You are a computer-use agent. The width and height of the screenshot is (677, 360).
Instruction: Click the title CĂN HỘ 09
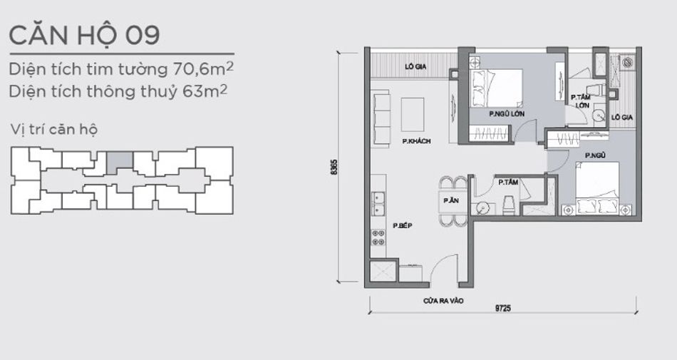click(x=85, y=35)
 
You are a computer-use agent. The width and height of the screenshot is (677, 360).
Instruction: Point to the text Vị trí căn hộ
click(x=54, y=130)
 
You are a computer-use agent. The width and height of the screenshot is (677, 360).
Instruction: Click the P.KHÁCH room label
click(x=416, y=141)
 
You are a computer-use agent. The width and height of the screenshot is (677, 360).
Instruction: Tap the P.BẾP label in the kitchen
click(x=403, y=225)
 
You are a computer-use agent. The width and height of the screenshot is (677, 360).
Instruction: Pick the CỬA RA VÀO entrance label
click(x=443, y=300)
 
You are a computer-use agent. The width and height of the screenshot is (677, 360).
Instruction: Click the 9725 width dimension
click(x=503, y=308)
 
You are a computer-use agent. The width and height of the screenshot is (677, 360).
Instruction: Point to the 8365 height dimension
click(x=333, y=167)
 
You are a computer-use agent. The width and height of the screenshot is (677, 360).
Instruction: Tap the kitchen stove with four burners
click(x=378, y=238)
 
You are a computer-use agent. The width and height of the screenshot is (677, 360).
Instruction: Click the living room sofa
click(x=381, y=119)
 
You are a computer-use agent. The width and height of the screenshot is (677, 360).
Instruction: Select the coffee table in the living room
click(x=413, y=114)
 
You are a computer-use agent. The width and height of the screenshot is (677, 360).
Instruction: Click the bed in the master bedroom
click(x=497, y=88)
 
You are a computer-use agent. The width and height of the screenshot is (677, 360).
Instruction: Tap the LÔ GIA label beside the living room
click(x=415, y=66)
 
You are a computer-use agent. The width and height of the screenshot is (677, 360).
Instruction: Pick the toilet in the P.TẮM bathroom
click(x=509, y=205)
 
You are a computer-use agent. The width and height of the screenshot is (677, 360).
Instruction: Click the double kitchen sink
click(x=378, y=204)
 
